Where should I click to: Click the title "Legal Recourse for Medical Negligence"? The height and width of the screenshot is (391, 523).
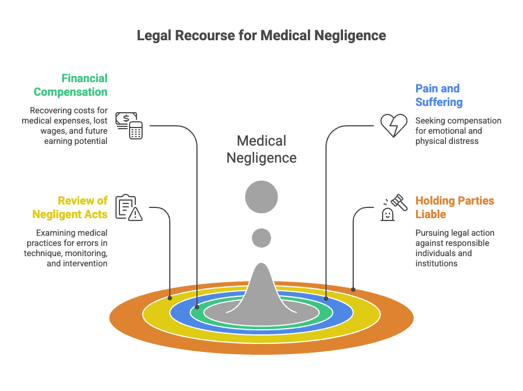[x=261, y=35]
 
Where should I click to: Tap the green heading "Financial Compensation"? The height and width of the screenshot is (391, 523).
[x=70, y=85]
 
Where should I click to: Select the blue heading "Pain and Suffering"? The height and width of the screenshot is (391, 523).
[x=439, y=95]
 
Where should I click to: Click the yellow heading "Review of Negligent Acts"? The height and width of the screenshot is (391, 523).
[x=70, y=207]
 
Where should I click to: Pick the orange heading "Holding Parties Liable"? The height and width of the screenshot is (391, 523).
[x=455, y=207]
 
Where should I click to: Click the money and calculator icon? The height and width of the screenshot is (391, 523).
[x=129, y=126]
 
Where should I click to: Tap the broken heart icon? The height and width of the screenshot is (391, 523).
[x=394, y=126]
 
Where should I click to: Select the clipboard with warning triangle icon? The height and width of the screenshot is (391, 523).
[x=129, y=207]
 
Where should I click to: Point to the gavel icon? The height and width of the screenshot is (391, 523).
[x=394, y=207]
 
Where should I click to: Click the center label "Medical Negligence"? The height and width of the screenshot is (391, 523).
[x=261, y=149]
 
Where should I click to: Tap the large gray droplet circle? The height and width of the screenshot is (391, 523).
[x=261, y=197]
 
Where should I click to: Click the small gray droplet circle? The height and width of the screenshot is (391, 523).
[x=261, y=238]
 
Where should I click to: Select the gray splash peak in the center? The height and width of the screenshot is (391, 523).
[x=261, y=291]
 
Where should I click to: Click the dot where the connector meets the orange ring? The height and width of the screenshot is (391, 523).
[x=353, y=290]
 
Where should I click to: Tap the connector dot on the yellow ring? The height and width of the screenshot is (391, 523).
[x=170, y=298]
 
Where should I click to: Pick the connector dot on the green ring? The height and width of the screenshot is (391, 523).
[x=197, y=307]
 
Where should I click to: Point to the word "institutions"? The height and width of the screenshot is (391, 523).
[x=436, y=263]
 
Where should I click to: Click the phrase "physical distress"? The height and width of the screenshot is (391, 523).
[x=447, y=141]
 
